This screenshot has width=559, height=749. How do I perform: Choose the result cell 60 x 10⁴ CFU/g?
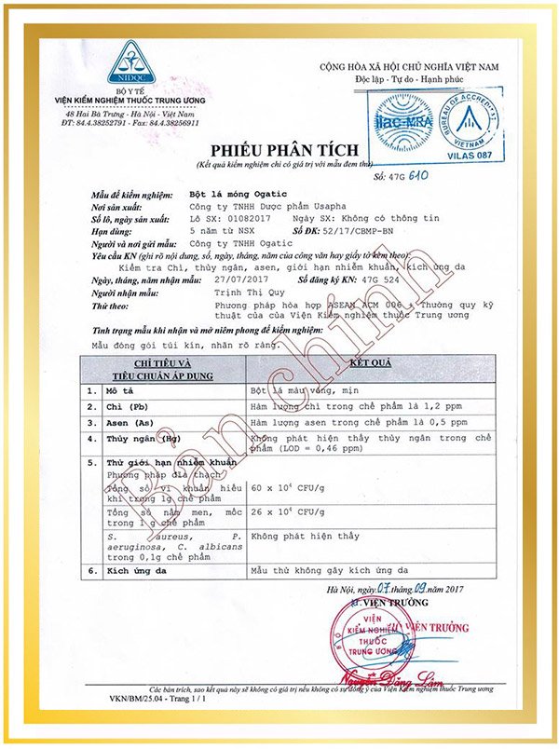(x=290, y=486)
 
